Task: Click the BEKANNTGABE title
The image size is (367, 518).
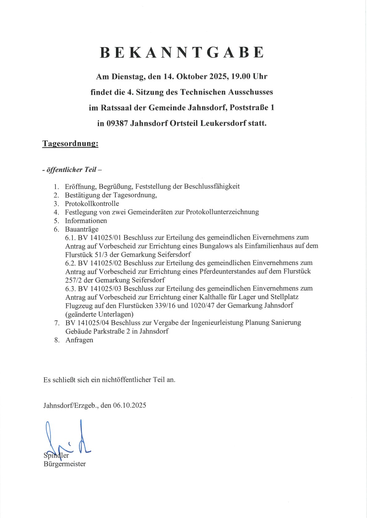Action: point(182,52)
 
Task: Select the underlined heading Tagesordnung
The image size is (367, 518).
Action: point(70,143)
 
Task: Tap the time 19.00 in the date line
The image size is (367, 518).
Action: point(241,76)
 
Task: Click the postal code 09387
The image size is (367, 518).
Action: point(117,123)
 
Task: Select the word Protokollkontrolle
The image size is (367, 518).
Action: point(92,203)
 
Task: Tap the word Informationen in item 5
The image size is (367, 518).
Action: point(86,221)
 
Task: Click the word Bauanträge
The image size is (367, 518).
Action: point(81,229)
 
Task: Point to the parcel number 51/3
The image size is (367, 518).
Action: point(102,255)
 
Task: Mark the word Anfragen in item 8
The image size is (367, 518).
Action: point(79,340)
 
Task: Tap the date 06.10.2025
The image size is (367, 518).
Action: point(130,405)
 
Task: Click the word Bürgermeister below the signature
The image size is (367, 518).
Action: point(65,464)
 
